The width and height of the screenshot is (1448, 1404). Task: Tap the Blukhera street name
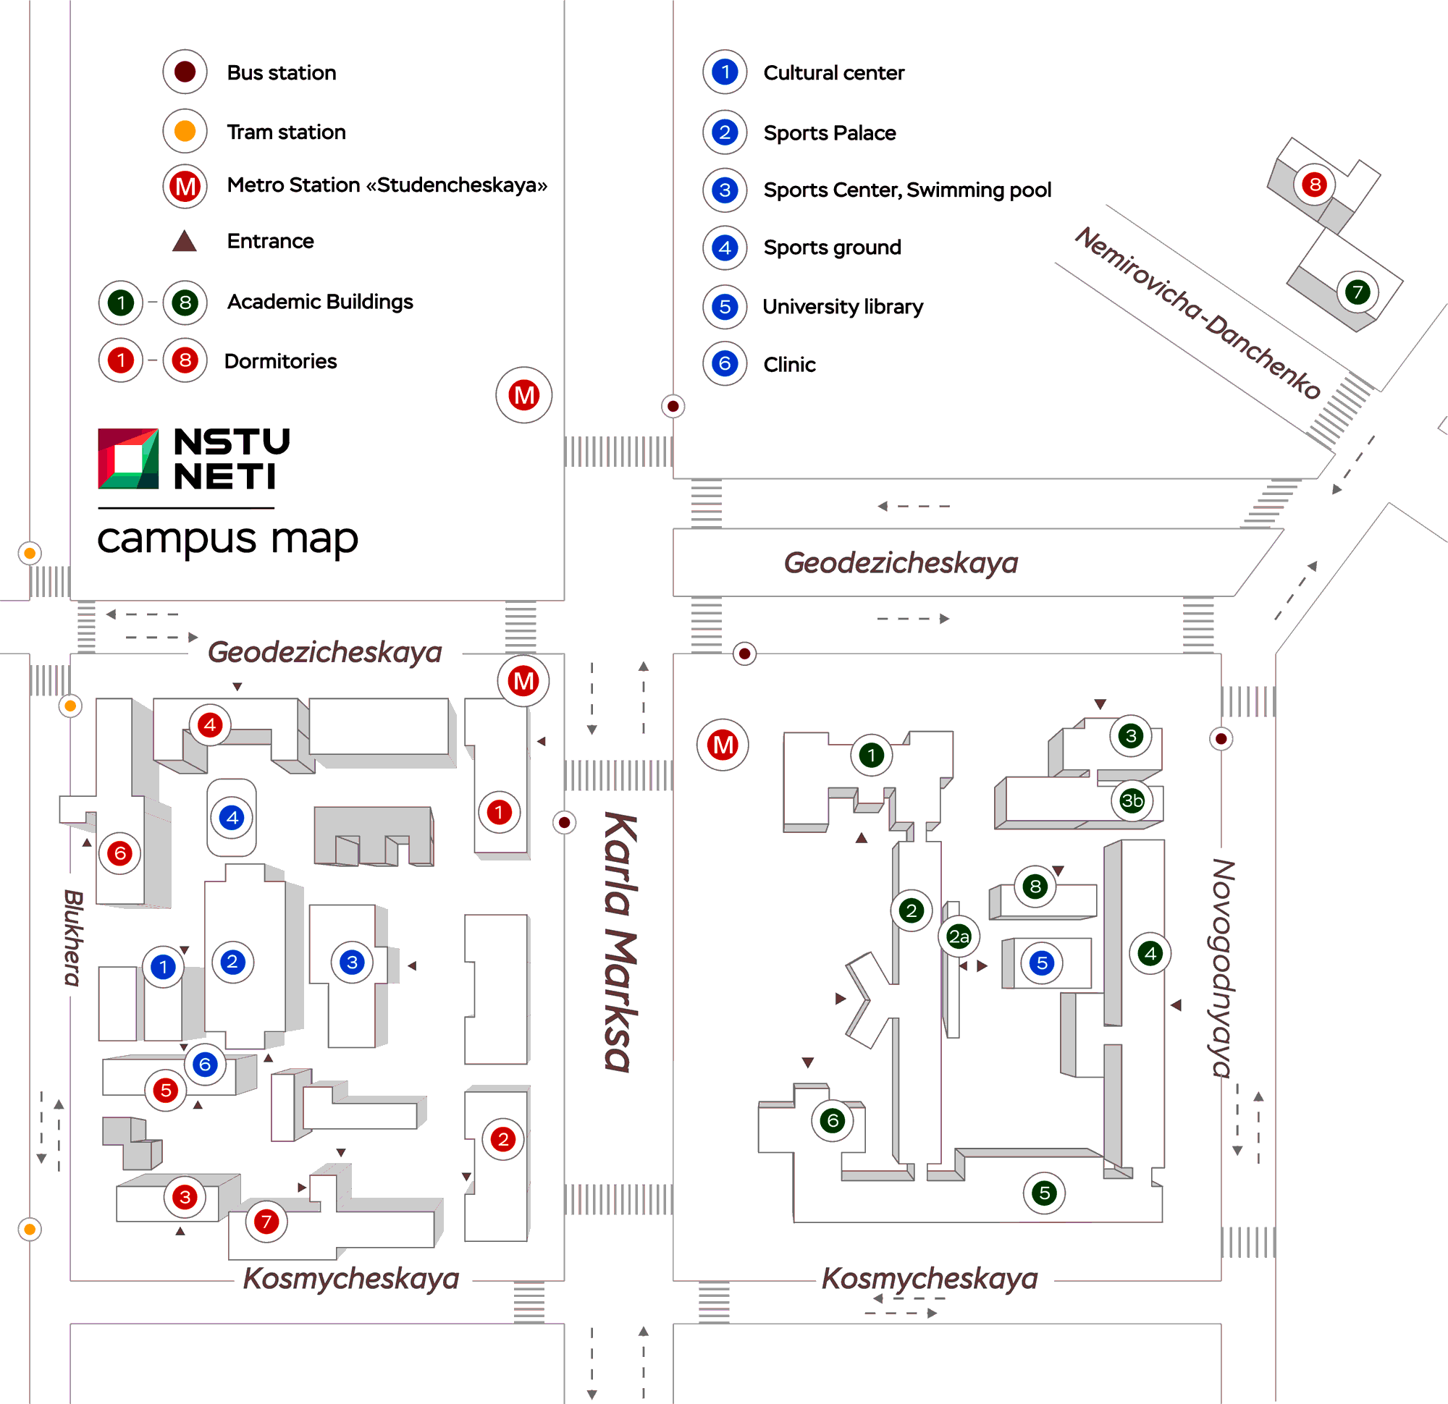pos(73,937)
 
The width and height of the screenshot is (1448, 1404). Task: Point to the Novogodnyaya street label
pos(1223,968)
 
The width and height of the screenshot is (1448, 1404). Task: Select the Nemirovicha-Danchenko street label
pos(1197,313)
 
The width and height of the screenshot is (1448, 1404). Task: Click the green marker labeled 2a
pos(959,936)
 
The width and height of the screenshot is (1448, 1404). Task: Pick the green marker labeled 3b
pos(1132,800)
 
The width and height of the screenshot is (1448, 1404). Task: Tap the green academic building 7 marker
pos(1357,292)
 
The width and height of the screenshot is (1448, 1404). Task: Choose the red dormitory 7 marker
pos(266,1222)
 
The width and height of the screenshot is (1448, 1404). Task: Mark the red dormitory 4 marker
pos(211,724)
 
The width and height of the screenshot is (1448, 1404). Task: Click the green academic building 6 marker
pos(833,1120)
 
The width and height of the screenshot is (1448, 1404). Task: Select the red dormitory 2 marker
pos(503,1139)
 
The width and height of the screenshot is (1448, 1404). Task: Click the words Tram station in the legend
pos(286,132)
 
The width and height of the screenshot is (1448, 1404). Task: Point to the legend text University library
pos(842,307)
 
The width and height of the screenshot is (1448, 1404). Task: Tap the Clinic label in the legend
pos(789,364)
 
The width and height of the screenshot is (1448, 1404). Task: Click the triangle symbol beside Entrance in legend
pos(184,241)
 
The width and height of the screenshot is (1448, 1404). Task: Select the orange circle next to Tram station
pos(185,131)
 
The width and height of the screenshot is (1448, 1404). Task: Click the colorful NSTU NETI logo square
pos(128,459)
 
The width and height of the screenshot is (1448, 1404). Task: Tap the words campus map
pos(227,538)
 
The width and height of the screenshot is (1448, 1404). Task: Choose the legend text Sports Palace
pos(829,133)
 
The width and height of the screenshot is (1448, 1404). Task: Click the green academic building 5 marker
pos(1044,1192)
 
